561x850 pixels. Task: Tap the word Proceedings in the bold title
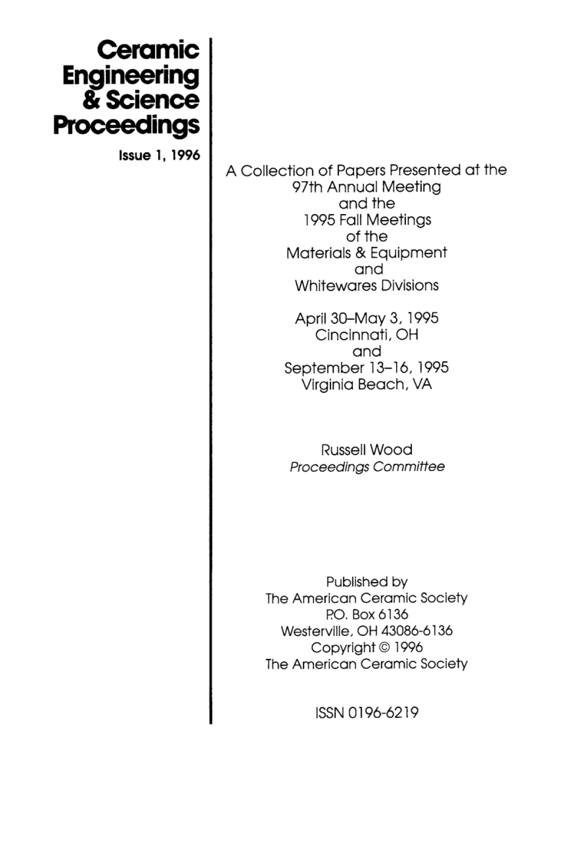[127, 125]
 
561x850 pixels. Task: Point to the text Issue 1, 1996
[159, 156]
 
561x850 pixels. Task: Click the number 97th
[307, 187]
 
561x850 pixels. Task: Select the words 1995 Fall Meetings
[367, 220]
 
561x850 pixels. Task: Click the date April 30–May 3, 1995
[367, 319]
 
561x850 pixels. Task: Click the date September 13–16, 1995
[367, 368]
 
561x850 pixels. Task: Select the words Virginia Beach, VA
[367, 384]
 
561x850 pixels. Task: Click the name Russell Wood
[367, 450]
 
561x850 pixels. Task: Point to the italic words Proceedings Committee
[367, 467]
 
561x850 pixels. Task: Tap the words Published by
[367, 582]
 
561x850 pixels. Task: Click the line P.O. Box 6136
[367, 614]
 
